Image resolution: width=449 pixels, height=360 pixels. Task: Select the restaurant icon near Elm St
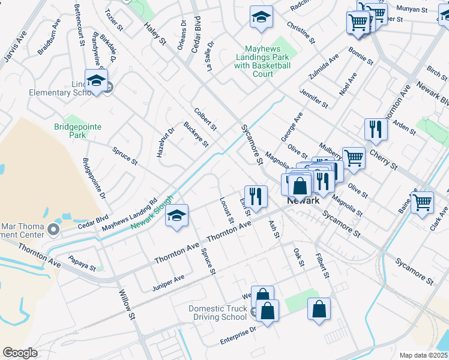256,196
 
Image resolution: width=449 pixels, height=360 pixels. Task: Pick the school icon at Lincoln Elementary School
96,81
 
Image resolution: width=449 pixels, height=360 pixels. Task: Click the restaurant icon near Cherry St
376,129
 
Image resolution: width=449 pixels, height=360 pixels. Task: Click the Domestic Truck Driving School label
217,313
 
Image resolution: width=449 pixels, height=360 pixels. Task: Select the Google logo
20,353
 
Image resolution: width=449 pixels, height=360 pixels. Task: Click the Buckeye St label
196,134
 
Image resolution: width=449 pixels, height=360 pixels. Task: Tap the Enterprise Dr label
238,335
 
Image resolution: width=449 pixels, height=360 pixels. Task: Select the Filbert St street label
322,266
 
